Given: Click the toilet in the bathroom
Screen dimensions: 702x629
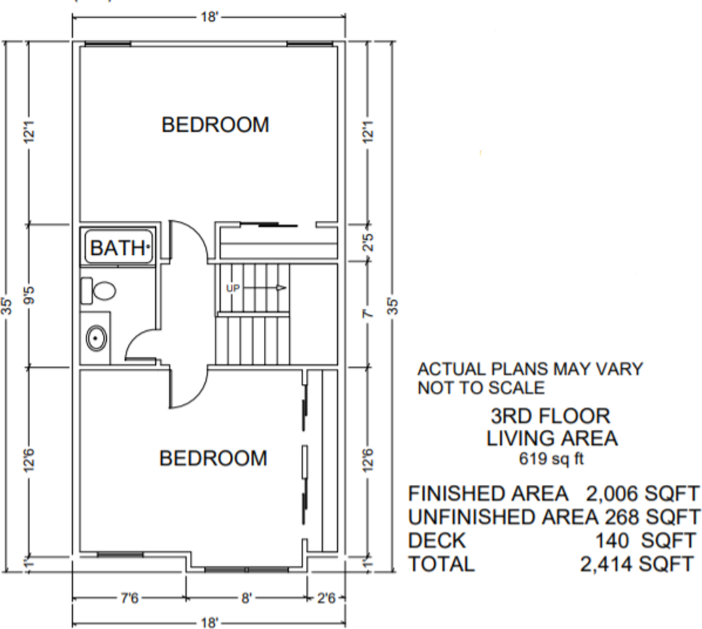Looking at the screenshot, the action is pos(98,290).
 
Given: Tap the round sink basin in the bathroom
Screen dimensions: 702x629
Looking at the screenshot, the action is pos(96,338).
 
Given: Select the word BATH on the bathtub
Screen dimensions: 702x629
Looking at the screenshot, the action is pos(118,247).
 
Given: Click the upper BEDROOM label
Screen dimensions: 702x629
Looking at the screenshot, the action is pos(215,124).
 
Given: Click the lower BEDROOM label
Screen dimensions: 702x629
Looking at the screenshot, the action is pos(213,458).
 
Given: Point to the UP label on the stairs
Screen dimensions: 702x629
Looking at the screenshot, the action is pos(233,288).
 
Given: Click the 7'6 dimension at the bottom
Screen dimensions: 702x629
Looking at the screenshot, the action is pos(130,598).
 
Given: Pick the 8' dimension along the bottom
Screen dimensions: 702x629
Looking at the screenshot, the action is pos(247,598).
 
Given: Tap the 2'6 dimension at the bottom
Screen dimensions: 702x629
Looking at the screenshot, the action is pos(326,598).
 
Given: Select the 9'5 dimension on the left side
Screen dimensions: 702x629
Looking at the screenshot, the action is pos(29,295).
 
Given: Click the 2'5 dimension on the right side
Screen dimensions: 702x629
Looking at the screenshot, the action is pos(368,242).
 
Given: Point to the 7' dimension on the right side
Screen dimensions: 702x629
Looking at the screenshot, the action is pos(367,314).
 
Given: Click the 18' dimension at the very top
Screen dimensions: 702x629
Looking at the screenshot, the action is pos(210,17).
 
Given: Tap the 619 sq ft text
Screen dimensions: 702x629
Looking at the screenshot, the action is pos(551,458).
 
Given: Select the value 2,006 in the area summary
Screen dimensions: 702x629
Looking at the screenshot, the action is pos(612,493).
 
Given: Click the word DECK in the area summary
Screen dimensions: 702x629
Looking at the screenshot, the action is pos(437,541).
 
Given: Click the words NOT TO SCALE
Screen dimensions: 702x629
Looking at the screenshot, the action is pos(481,387).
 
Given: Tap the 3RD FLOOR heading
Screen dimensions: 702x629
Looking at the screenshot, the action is pos(550,416).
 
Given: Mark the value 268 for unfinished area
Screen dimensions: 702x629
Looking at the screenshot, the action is pos(622,517).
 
